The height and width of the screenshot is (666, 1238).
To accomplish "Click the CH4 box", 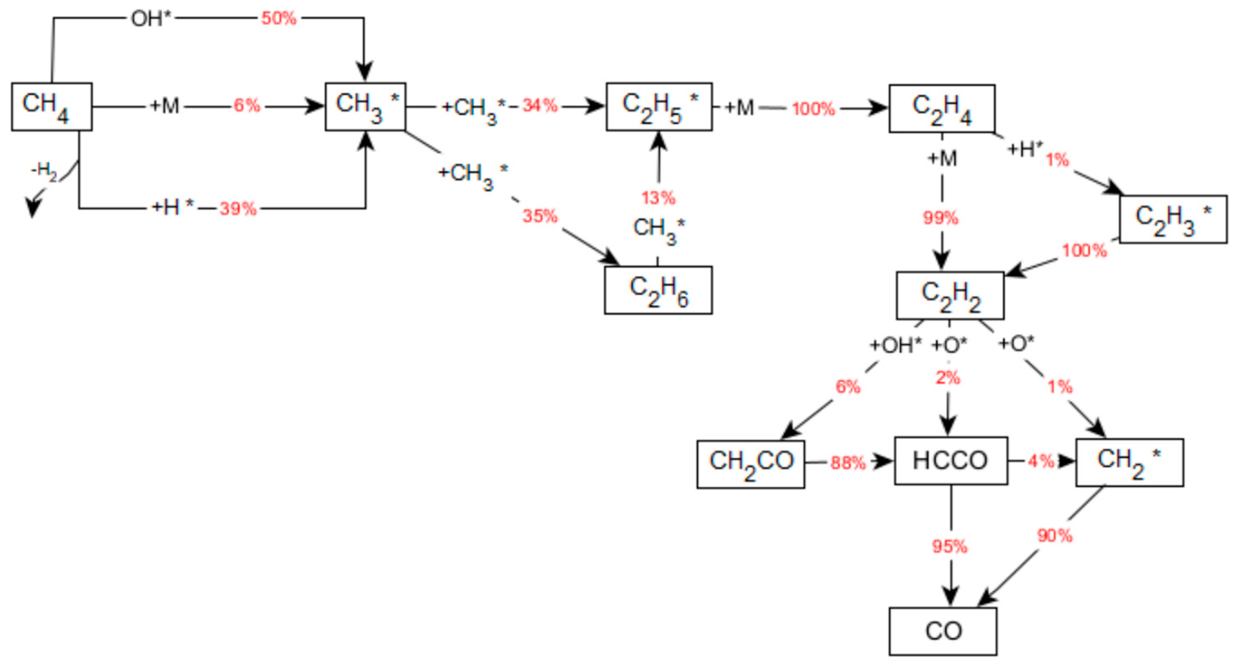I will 51,107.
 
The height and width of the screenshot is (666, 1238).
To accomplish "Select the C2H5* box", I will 659,107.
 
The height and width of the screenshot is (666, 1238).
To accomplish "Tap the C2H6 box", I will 658,290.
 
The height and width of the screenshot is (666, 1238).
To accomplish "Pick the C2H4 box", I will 942,108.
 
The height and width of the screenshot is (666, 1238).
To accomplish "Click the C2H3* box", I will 1173,219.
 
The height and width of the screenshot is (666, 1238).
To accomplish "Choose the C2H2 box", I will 950,296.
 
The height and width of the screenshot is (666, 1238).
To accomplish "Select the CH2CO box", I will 751,464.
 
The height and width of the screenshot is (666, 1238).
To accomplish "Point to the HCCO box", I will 951,461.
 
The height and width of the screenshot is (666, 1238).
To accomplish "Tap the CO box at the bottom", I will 942,631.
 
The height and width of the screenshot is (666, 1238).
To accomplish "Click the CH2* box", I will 1130,462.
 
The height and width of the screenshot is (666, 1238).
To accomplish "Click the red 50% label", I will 279,19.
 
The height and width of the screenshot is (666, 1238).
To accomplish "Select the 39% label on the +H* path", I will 238,209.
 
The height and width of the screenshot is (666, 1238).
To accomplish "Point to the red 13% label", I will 658,197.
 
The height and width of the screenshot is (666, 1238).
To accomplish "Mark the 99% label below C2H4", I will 941,218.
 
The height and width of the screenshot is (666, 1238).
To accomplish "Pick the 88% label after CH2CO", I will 848,463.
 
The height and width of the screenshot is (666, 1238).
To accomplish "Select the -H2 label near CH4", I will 44,171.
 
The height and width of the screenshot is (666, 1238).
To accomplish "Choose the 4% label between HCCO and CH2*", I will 1041,461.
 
